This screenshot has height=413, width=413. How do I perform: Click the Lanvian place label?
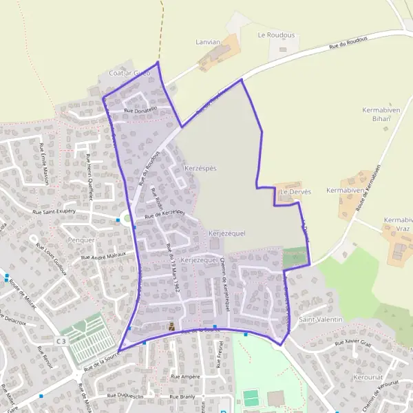tap(208, 42)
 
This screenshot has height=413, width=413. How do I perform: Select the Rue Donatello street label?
tap(140, 109)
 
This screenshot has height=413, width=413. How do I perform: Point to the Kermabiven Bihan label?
tap(377, 114)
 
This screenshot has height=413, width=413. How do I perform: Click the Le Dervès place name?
tap(296, 191)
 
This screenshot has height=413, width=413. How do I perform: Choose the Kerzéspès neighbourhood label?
tap(200, 168)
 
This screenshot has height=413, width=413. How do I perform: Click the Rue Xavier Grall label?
tap(352, 342)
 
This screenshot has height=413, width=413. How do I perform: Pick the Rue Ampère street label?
tap(185, 377)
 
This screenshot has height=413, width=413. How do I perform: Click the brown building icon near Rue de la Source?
tap(171, 326)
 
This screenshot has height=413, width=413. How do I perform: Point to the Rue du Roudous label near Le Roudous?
tap(348, 43)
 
